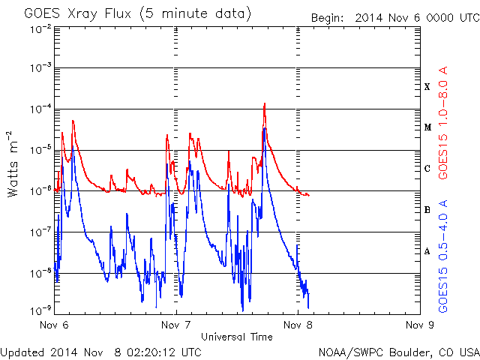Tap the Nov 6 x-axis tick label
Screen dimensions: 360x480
[x=54, y=325]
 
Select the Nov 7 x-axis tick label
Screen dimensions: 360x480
[x=175, y=325]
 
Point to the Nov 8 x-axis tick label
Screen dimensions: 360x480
[x=297, y=325]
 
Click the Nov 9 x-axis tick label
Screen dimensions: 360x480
[x=418, y=325]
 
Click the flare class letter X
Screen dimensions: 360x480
[x=427, y=87]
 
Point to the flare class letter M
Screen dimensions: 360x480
[x=427, y=127]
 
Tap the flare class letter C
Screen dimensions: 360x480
[x=427, y=169]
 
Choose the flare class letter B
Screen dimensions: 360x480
[x=427, y=210]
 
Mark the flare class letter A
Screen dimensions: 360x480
[x=427, y=251]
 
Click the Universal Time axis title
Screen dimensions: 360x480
[x=236, y=337]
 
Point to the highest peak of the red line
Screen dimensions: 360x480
[x=265, y=103]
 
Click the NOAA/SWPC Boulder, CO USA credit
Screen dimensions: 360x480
[x=398, y=352]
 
